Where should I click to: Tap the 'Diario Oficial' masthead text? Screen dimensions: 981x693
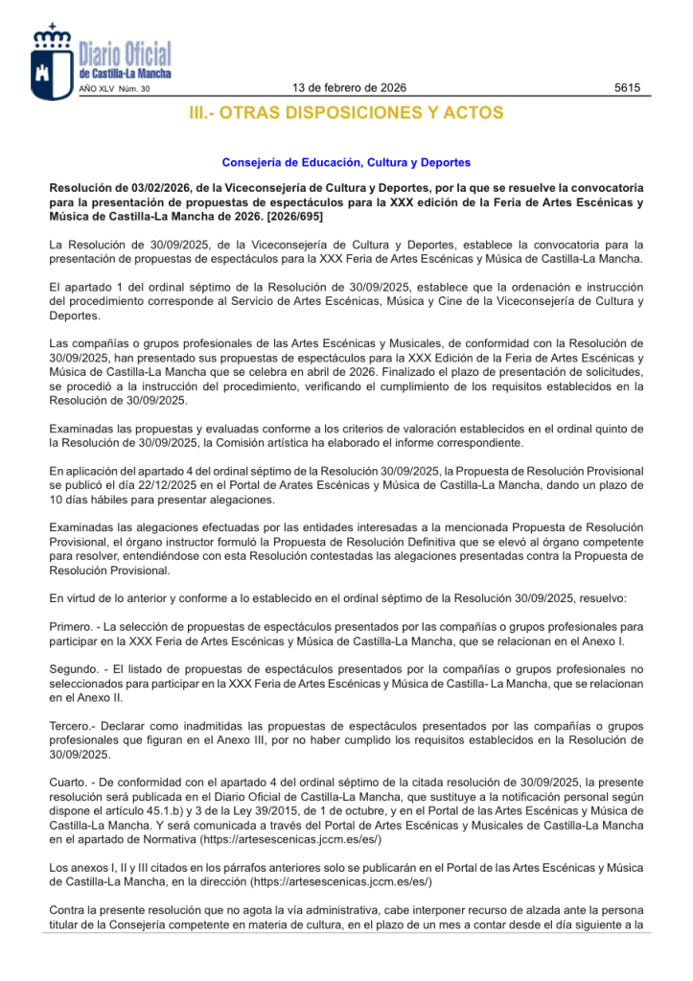point(125,54)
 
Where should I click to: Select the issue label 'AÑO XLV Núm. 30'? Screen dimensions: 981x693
point(114,89)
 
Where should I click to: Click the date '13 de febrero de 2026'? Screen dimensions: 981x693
point(349,88)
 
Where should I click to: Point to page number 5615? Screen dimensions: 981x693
point(627,88)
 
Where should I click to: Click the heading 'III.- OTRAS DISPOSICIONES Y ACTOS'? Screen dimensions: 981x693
point(346,113)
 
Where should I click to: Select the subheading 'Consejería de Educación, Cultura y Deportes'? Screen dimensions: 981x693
point(346,162)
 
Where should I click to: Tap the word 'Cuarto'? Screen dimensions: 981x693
point(68,782)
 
